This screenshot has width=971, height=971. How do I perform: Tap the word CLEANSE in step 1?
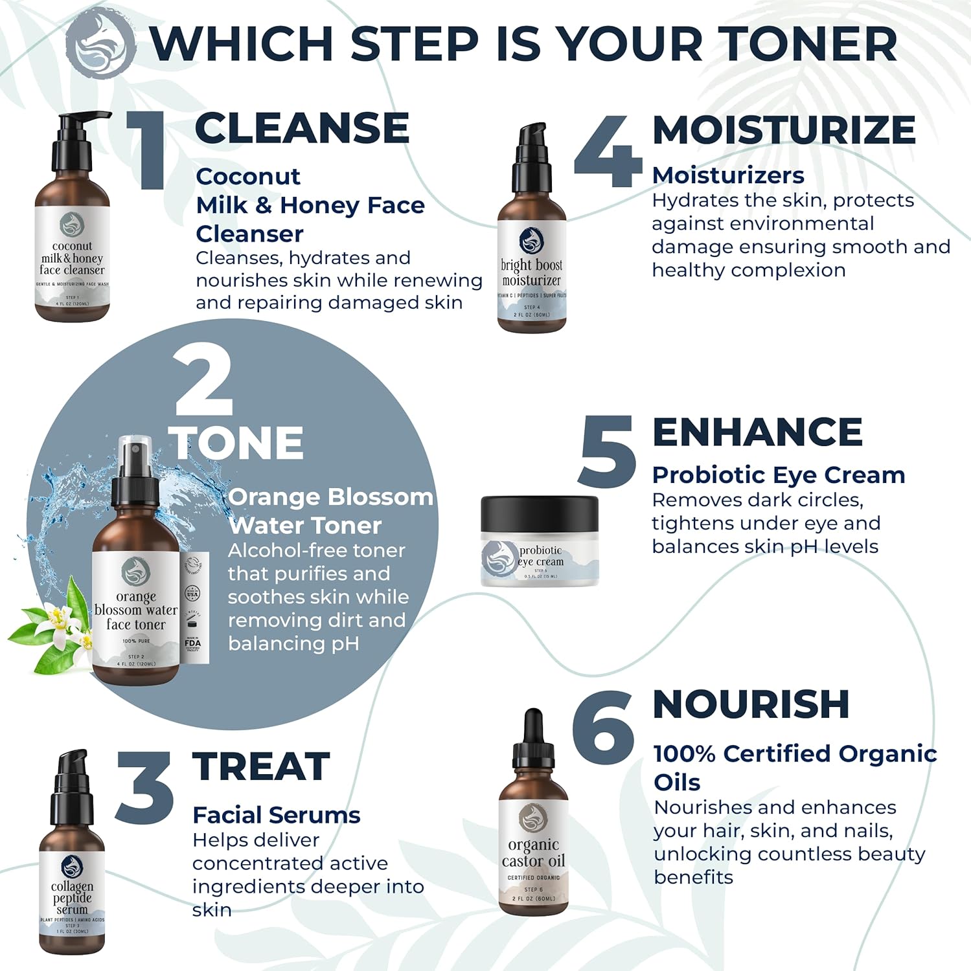302,128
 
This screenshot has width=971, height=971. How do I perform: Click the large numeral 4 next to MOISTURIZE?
607,153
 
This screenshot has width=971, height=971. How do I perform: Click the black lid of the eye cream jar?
540,513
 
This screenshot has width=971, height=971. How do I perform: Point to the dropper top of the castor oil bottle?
533,738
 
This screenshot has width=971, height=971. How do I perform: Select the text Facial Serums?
276,815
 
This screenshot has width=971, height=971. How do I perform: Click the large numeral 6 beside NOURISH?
602,724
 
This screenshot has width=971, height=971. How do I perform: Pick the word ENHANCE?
757,432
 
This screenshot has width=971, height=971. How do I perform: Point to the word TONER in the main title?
810,44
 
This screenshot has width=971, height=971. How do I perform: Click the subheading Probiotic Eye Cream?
778,475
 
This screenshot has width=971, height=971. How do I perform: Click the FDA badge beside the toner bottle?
193,643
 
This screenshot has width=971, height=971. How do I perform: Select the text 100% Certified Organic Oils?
795,767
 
